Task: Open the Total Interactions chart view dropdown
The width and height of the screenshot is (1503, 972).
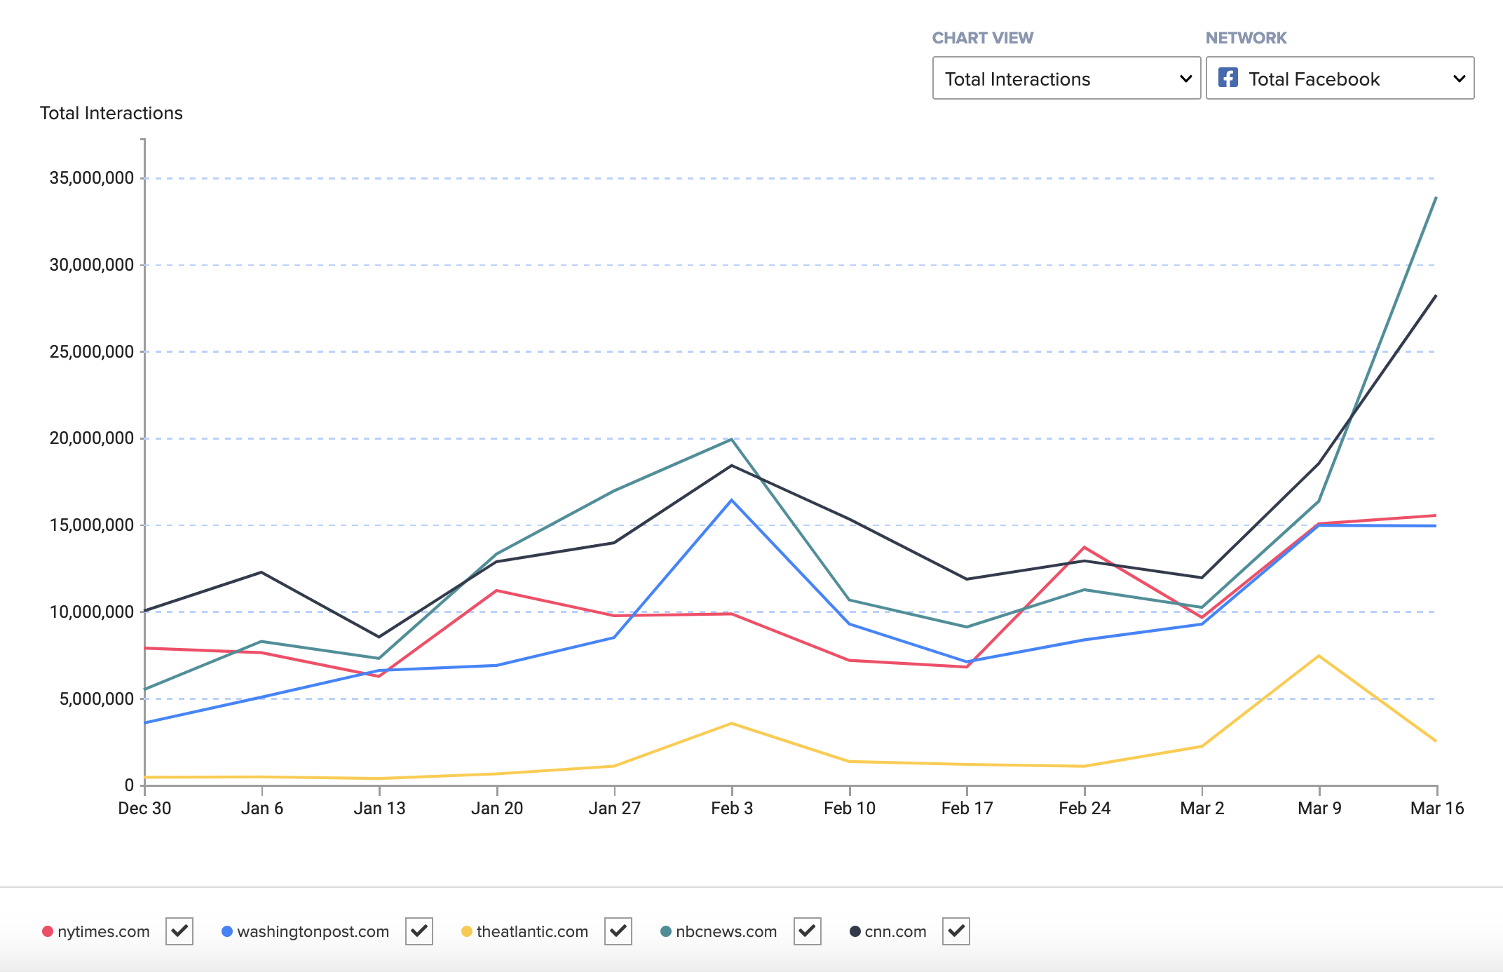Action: tap(1066, 79)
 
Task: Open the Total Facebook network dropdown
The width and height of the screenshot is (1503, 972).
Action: tap(1339, 79)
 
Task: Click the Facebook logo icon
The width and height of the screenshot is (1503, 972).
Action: tap(1227, 77)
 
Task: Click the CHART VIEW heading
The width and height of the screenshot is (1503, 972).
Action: tap(982, 38)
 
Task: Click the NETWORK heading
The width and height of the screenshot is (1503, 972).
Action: tap(1246, 38)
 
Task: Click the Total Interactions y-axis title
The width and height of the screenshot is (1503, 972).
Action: tap(111, 113)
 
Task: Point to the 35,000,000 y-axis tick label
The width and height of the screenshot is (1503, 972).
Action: tap(91, 178)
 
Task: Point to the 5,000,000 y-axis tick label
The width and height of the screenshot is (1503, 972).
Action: tap(96, 698)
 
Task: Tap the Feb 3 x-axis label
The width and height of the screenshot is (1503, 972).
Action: tap(731, 808)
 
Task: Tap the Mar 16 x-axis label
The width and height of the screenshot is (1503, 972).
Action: tap(1436, 808)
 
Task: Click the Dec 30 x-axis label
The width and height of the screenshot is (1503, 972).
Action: tap(144, 808)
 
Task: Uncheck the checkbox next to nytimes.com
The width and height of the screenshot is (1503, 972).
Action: tap(179, 931)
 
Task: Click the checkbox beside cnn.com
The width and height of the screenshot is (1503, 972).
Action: tap(956, 931)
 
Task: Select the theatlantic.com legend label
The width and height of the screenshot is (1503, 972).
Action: tap(531, 931)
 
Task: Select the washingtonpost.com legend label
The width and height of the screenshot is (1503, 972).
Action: tap(313, 931)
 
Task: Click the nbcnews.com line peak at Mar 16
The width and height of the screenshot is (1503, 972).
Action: tap(1436, 198)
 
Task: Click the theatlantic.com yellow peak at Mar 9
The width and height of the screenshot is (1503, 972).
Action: tap(1319, 656)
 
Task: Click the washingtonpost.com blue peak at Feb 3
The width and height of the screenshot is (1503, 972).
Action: tap(731, 500)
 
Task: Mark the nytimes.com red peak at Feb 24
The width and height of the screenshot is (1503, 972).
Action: tap(1084, 547)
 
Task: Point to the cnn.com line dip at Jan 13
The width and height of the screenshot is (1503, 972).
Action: tap(379, 637)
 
